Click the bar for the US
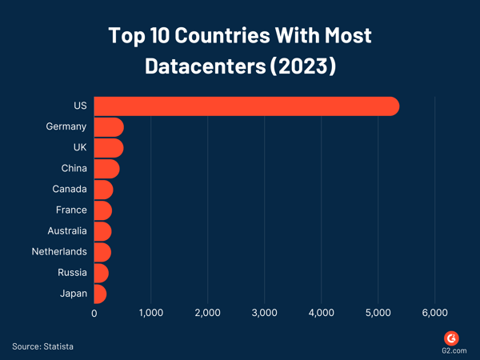[246, 106]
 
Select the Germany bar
[109, 127]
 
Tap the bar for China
[106, 169]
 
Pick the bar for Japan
[100, 294]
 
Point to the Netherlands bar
[102, 252]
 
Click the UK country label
[79, 148]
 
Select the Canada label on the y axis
[70, 190]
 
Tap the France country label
[71, 210]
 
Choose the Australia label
[67, 231]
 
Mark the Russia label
[72, 273]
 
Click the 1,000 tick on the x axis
[150, 314]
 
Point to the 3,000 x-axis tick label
[265, 314]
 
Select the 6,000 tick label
[434, 314]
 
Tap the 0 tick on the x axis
[94, 314]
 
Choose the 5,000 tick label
[378, 314]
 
